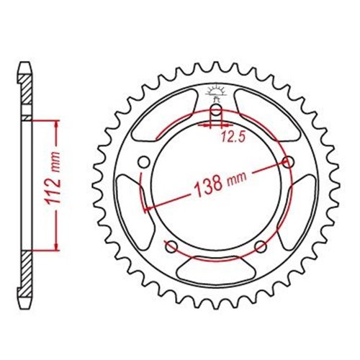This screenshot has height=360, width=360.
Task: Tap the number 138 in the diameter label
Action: [x=207, y=186]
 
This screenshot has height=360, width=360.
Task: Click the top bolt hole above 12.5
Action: [x=217, y=111]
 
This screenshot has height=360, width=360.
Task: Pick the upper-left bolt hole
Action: [x=144, y=163]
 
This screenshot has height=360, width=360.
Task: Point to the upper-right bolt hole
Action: [x=288, y=163]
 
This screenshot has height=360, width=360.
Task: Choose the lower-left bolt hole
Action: [x=171, y=247]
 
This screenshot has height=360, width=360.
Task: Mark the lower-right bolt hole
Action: [x=261, y=247]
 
